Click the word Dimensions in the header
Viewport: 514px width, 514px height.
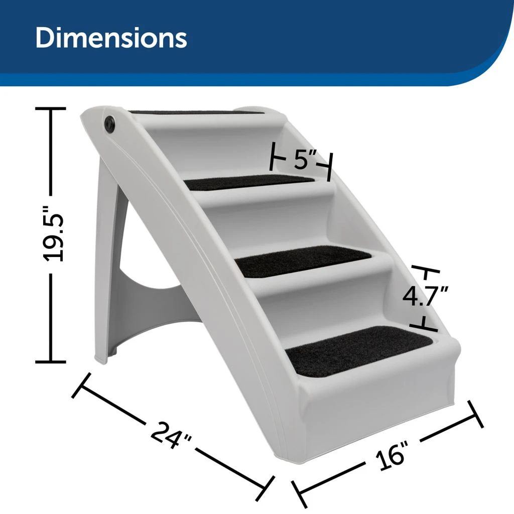pos(111,39)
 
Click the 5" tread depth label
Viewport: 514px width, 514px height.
pos(301,160)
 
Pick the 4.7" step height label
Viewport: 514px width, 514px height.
pos(425,296)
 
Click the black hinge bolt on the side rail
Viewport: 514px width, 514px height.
pos(109,123)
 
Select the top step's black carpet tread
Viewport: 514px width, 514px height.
pos(196,112)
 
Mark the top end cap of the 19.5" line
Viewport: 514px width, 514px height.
pos(50,108)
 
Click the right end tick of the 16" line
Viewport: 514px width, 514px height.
pos(475,414)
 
